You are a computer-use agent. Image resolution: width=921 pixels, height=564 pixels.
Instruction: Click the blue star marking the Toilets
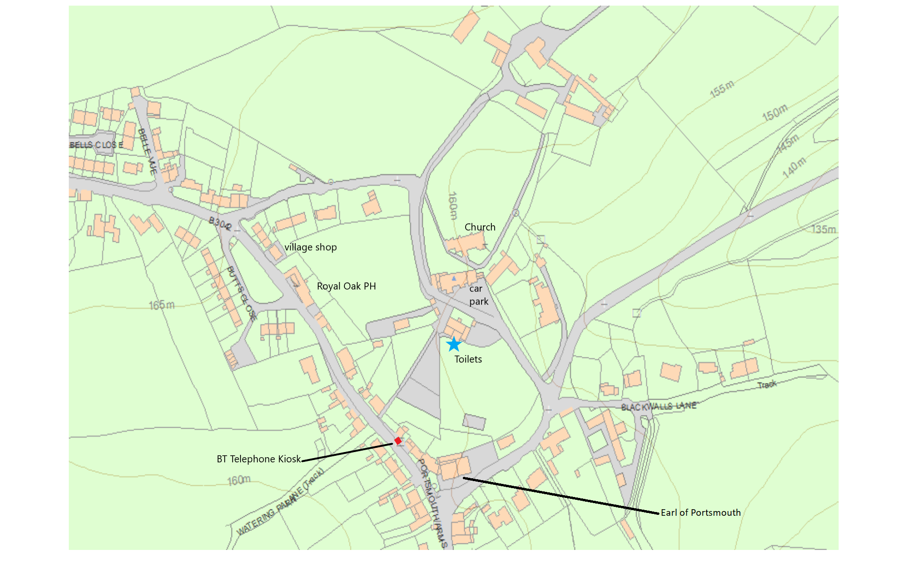coord(453,344)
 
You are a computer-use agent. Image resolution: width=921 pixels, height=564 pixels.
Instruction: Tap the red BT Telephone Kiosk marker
coord(398,441)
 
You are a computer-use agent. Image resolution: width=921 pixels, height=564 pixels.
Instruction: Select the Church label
coord(480,227)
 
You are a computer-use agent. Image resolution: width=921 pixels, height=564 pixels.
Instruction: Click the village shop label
coord(310,247)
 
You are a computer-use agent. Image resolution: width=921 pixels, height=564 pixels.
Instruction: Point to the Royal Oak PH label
coord(346,286)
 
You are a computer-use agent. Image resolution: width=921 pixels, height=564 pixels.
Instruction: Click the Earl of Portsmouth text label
coord(701,513)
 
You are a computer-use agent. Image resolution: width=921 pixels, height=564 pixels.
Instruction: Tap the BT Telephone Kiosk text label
coord(258,459)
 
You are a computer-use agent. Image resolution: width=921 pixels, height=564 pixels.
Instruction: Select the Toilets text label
coord(468,359)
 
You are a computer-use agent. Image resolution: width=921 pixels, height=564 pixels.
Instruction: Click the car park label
coord(478,295)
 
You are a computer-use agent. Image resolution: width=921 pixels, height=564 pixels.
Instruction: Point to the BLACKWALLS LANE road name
coord(658,406)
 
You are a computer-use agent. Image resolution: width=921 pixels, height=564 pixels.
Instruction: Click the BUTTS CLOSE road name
coord(241,293)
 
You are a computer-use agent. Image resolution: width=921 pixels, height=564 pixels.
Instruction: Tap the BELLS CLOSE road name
coord(96,145)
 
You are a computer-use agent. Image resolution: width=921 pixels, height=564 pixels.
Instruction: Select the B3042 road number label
coord(220,223)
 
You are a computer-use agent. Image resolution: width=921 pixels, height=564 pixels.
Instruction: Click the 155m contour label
coord(722,89)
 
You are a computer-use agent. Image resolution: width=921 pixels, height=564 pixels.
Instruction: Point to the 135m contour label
coord(824,230)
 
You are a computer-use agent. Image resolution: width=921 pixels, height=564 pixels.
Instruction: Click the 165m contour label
coord(161,305)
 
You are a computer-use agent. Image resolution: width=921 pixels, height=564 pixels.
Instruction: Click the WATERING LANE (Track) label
coord(280,503)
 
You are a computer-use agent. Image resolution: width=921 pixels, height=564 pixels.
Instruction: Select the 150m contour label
coord(775,112)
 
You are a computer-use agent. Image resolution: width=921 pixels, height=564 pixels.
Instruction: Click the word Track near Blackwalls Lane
coord(767,385)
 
